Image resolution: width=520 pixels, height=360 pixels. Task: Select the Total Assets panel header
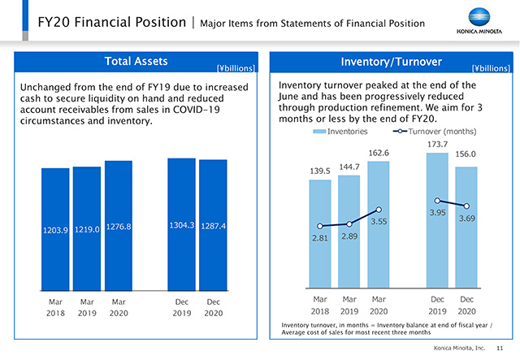tap(136, 62)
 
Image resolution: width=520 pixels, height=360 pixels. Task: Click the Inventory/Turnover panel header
tap(392, 62)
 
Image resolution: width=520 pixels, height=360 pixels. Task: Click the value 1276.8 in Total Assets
tap(119, 227)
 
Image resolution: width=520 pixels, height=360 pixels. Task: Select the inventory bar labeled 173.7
tap(437, 219)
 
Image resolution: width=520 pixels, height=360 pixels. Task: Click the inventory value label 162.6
tap(379, 153)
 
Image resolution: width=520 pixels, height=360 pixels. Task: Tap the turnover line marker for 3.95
tap(437, 201)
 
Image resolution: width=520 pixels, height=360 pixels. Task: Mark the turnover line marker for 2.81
tap(320, 226)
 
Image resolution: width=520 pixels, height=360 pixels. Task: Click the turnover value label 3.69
tap(466, 219)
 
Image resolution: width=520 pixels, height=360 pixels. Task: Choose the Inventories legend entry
tap(340, 131)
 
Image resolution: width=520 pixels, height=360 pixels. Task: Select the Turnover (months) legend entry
tap(435, 131)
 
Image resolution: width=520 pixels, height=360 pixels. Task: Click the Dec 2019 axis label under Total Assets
tap(181, 307)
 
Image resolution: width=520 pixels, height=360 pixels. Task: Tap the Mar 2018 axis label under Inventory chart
tap(320, 306)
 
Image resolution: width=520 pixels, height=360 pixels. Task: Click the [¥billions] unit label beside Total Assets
tap(236, 68)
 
